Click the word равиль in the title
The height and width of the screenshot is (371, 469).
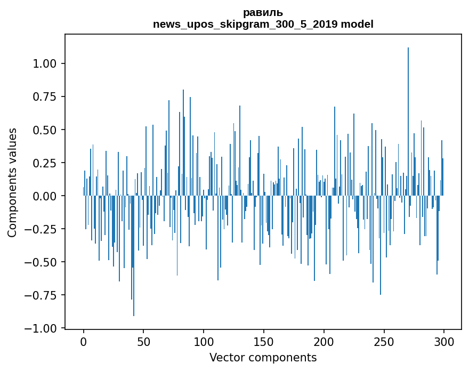pyautogui.click(x=263, y=12)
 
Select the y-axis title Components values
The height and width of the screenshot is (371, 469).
pyautogui.click(x=12, y=182)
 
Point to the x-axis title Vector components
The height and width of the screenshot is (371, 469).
pyautogui.click(x=263, y=358)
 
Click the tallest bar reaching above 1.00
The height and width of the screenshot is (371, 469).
pyautogui.click(x=408, y=123)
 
